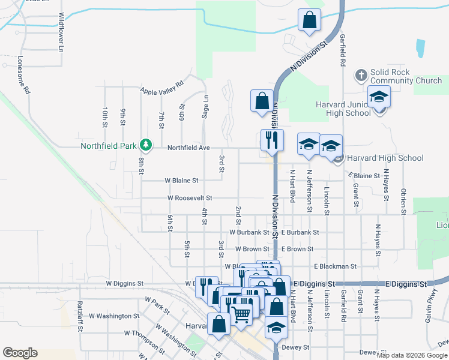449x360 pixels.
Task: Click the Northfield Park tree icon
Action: pos(145,145)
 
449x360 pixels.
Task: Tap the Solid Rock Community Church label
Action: pos(406,76)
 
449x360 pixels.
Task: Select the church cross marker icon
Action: pos(360,76)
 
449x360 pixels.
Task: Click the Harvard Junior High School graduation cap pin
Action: pos(379,97)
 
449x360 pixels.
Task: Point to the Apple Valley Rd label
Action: pos(161,88)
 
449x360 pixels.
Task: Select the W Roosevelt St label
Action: pos(190,197)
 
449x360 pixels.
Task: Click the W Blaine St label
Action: pos(181,180)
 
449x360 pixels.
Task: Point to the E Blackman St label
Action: pos(335,266)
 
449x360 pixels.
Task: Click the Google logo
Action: pos(20,353)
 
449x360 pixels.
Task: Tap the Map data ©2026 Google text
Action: pos(412,355)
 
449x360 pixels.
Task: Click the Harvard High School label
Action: pos(384,158)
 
